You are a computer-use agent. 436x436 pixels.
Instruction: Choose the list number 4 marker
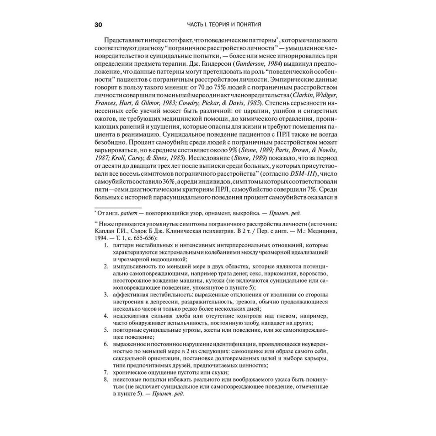click(106, 316)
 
